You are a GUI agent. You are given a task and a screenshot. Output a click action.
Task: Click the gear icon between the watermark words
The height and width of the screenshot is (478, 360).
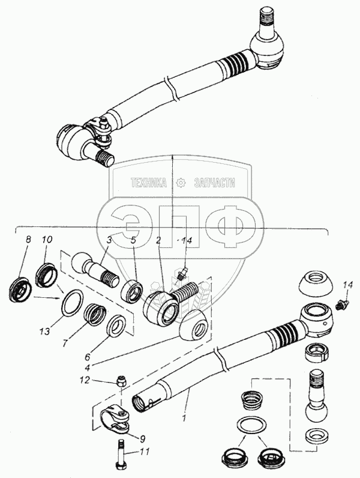(180, 183)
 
